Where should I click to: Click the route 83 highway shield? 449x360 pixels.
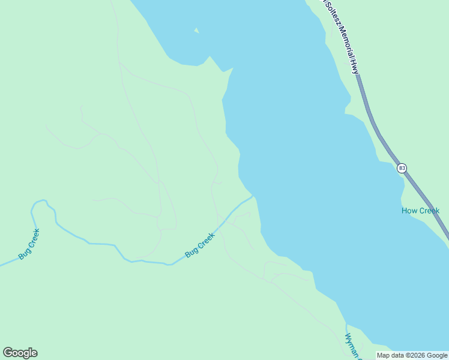(402, 168)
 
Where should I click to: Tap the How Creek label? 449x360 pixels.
(420, 211)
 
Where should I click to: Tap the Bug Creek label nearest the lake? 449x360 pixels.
(200, 245)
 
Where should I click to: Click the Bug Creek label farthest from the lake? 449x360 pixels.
(29, 244)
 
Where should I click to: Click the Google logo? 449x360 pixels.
(20, 353)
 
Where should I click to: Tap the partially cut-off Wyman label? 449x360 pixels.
(351, 346)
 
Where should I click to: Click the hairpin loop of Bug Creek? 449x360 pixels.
(38, 203)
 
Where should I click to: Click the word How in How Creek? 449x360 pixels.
(409, 211)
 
